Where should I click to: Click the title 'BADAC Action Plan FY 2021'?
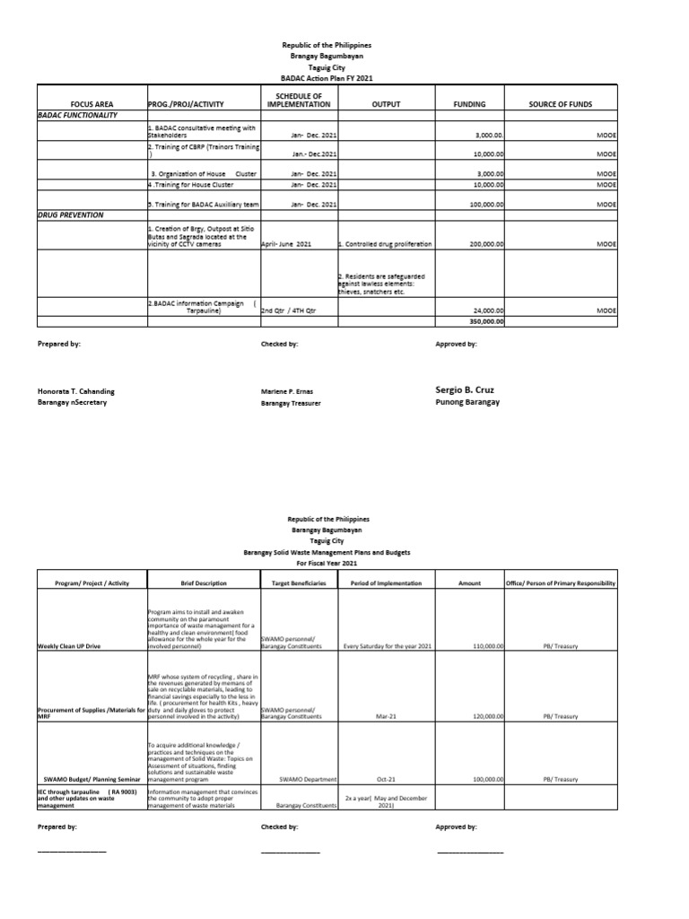click(326, 78)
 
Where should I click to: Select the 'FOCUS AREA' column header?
click(91, 104)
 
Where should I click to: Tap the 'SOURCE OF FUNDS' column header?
click(561, 104)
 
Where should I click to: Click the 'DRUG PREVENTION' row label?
click(71, 215)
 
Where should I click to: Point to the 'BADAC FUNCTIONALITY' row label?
click(77, 116)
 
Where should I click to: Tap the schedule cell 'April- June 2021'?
click(286, 243)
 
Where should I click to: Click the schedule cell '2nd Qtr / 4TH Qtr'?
click(289, 311)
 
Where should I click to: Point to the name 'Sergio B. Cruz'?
click(465, 390)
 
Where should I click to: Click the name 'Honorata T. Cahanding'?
click(76, 391)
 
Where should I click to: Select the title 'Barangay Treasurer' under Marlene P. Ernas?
click(291, 404)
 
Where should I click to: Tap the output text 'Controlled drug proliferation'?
click(386, 243)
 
